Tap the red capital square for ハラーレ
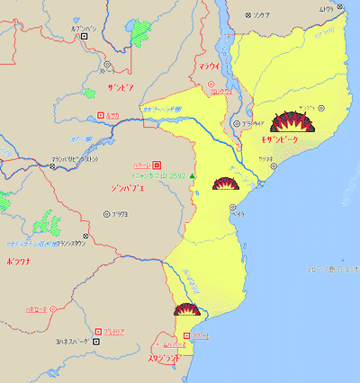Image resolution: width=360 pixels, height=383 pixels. coord(157,165)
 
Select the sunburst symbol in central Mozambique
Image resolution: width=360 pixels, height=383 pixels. coord(224,183)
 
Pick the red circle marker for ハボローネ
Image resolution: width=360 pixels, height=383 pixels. coord(52,309)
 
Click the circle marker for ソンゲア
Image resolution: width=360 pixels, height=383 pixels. coord(248,15)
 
